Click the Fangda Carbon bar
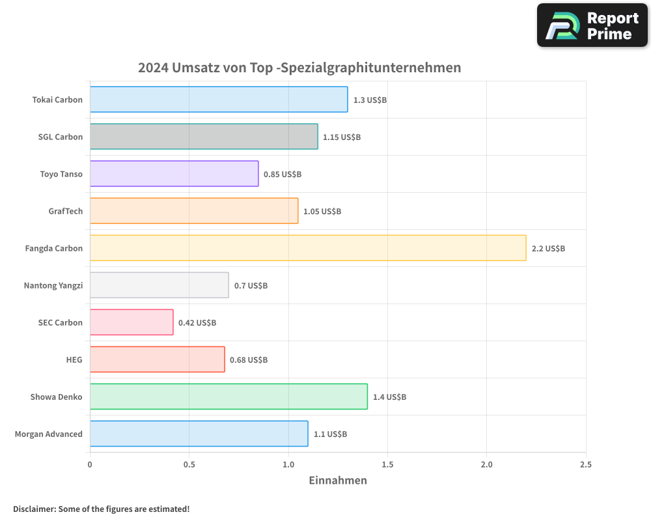[307, 247]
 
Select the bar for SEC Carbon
[132, 322]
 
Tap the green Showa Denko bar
[229, 397]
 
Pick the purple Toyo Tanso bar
[174, 174]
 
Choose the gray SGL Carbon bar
[204, 137]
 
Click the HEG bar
[157, 359]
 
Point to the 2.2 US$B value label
[548, 248]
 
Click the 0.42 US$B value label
[197, 322]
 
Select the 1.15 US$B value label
[342, 137]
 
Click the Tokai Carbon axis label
[57, 100]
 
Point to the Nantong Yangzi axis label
[53, 285]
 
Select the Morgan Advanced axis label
[49, 434]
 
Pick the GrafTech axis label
[65, 211]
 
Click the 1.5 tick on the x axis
[387, 464]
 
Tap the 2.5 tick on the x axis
[586, 464]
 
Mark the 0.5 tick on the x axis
[189, 464]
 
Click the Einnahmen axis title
[337, 481]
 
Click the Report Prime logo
[592, 25]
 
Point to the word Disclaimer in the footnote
[33, 509]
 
